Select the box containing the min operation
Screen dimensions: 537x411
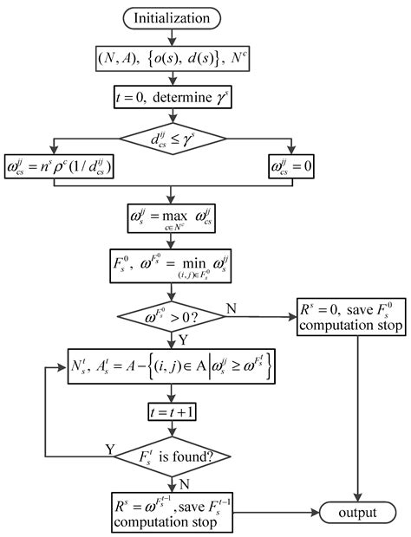173,265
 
